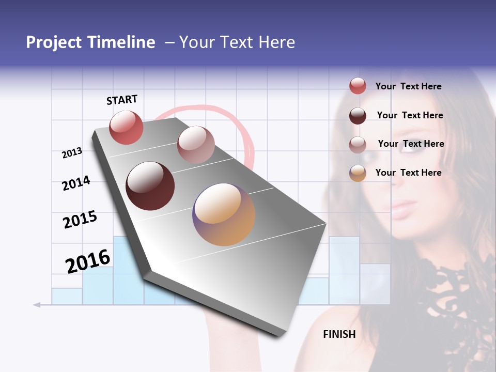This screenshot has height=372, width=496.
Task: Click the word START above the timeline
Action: tap(122, 100)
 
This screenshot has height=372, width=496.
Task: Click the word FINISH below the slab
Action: tap(339, 334)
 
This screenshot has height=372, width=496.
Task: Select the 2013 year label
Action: tap(72, 153)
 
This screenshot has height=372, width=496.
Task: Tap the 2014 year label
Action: tap(76, 183)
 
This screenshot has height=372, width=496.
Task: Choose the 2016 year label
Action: tap(88, 261)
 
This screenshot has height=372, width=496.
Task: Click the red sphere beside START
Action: tap(126, 128)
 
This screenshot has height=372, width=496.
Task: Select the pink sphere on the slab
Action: tap(196, 145)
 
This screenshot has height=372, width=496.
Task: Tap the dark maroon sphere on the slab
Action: tap(150, 186)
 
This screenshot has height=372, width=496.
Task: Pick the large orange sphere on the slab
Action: tap(224, 214)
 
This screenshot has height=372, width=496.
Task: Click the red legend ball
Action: tap(358, 86)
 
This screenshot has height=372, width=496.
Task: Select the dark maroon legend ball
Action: tap(358, 116)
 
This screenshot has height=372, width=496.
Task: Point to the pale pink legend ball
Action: tap(358, 144)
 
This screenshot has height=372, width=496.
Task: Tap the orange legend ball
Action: tap(358, 173)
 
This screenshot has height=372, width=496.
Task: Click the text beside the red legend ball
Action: tap(408, 86)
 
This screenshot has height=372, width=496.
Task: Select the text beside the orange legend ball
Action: tap(408, 173)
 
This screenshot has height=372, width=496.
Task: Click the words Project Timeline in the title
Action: tap(90, 42)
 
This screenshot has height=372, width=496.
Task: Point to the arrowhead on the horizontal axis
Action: tap(37, 305)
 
